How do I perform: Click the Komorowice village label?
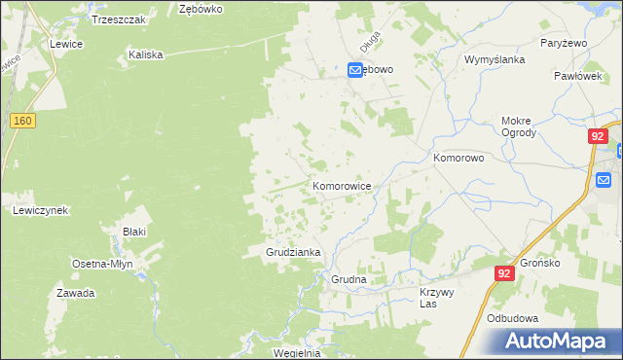point(341,184)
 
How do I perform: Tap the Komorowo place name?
point(458,157)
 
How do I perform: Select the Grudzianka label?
point(293,252)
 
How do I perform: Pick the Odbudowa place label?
point(513,317)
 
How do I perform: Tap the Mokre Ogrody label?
point(518,127)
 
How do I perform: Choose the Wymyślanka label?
point(495,59)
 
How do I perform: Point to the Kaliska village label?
point(144,55)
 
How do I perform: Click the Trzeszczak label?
point(118,19)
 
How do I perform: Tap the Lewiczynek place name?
point(39,210)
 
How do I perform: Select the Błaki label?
point(133,232)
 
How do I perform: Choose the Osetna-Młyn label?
point(103,264)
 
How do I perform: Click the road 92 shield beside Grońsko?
point(503,274)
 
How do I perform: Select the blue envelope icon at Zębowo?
point(355,70)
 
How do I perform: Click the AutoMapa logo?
point(558,342)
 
